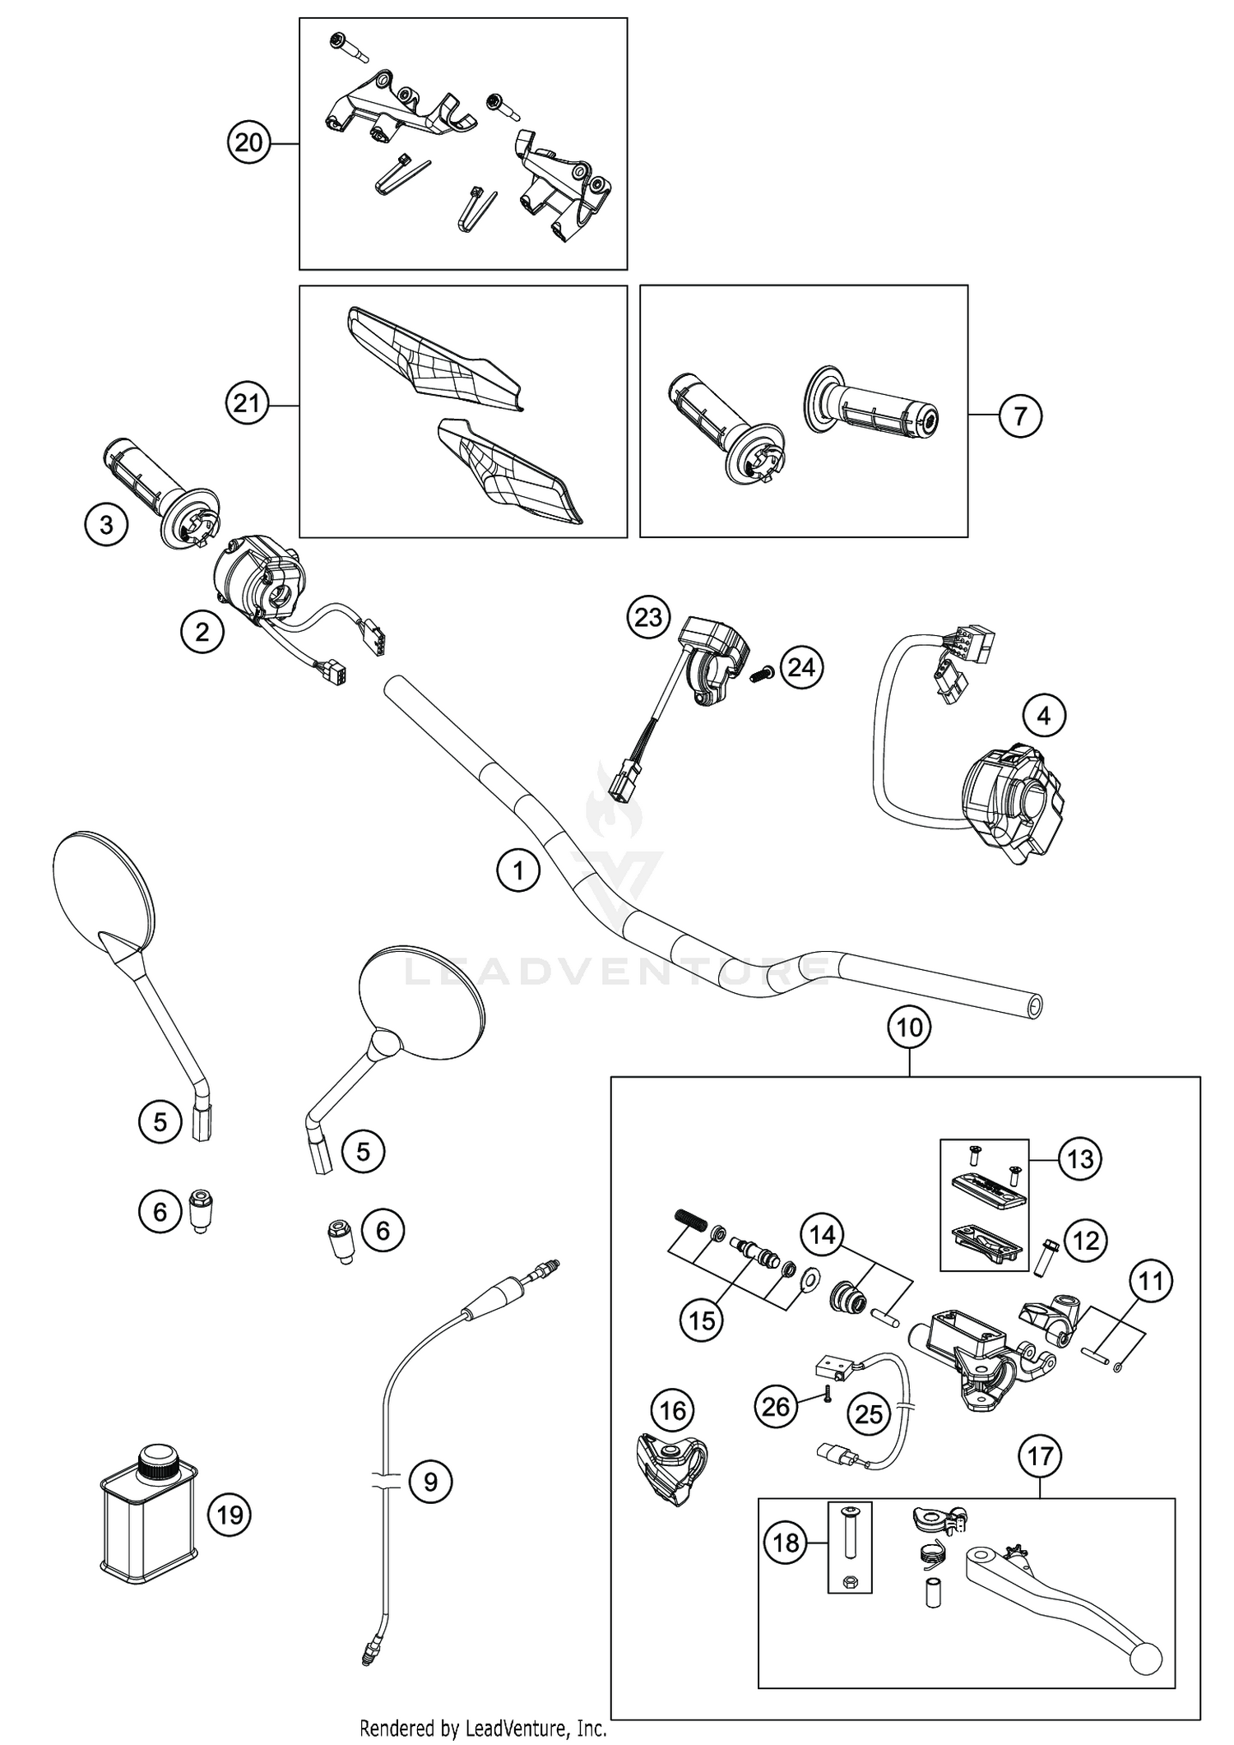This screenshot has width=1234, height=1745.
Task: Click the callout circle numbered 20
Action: (x=248, y=143)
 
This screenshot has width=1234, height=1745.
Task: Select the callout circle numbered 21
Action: (x=248, y=404)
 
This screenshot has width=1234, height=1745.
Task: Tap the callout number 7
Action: (x=1020, y=415)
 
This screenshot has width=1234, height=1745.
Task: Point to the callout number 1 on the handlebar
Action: (x=518, y=870)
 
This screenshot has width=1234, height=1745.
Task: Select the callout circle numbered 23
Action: (x=648, y=617)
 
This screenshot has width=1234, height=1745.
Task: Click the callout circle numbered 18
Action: (x=786, y=1543)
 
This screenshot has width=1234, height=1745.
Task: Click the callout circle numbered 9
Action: (x=430, y=1482)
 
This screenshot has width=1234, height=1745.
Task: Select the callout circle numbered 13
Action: (x=1080, y=1158)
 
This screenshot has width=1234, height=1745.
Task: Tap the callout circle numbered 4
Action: (x=1043, y=716)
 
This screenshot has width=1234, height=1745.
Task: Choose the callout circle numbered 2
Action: (x=202, y=632)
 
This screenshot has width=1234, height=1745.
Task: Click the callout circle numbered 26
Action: (x=776, y=1406)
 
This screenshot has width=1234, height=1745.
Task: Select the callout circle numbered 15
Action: (x=702, y=1320)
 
